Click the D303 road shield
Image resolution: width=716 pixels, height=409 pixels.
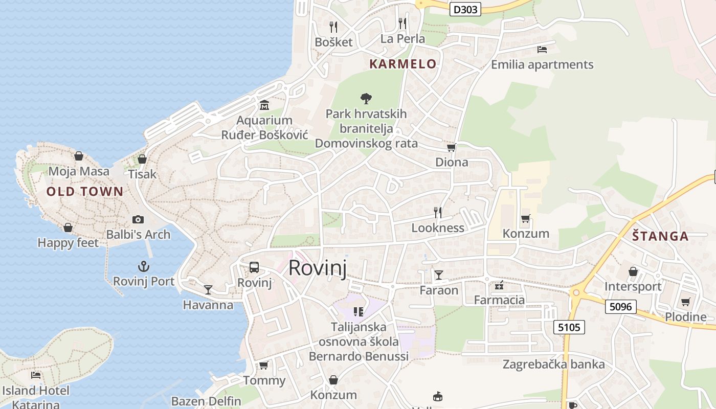465,9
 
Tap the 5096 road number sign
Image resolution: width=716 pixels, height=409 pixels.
621,307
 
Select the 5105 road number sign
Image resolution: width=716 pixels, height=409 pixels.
569,327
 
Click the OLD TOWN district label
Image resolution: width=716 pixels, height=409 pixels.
85,192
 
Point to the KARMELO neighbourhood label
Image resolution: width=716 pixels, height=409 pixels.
403,64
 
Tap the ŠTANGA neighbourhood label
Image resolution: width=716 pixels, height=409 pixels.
660,236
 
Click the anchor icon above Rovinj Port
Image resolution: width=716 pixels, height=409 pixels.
144,266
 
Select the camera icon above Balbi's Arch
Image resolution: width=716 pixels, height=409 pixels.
138,219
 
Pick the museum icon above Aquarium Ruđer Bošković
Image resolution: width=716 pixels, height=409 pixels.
264,106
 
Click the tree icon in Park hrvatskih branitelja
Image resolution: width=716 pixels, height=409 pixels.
366,98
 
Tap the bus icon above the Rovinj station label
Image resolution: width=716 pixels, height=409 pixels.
254,267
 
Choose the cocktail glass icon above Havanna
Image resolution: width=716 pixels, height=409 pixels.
208,290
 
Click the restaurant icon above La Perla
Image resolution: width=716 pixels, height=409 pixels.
402,24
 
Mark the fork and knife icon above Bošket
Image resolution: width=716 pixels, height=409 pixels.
333,27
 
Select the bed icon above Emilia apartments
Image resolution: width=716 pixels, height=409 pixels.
542,50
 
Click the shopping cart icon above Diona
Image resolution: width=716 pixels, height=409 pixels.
451,148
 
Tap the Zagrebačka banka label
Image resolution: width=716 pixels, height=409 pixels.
553,365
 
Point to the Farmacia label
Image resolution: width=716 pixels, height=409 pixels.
499,300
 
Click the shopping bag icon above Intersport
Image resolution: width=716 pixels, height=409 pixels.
633,271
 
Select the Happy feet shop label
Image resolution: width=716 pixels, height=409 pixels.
68,243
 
